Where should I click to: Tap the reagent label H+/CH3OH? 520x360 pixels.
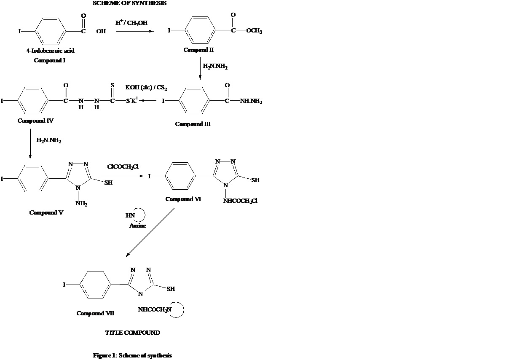coord(131,23)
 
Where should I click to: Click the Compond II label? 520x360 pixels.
coord(198,50)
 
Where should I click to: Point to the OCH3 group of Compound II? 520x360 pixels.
coord(253,31)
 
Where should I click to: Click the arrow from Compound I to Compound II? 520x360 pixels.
coord(134,31)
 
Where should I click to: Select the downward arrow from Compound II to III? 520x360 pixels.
coord(200,67)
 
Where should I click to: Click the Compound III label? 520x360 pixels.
coord(193,124)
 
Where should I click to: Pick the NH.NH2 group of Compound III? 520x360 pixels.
coord(251,102)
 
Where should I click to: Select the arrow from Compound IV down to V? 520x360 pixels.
coord(30,143)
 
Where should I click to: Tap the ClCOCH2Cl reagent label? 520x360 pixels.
coord(123,167)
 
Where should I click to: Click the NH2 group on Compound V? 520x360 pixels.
coord(81,204)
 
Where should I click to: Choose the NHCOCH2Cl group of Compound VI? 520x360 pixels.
coord(240,201)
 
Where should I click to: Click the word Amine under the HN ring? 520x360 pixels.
coord(138,226)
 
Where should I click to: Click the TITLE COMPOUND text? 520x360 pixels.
coord(132,333)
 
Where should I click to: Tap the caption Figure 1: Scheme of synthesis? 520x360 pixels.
coord(132,355)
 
